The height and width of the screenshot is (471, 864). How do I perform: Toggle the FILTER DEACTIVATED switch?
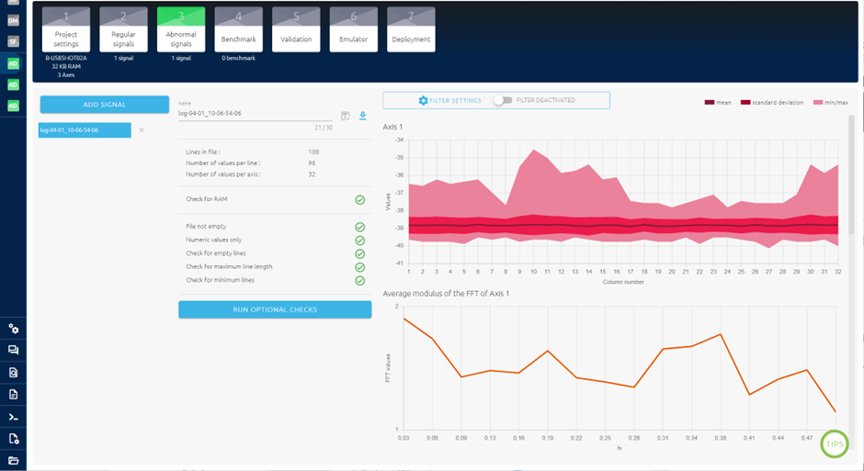(503, 101)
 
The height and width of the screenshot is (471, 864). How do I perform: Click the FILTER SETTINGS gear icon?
(423, 101)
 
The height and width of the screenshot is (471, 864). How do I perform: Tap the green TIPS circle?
(835, 444)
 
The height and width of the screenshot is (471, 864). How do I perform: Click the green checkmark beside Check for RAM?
(360, 199)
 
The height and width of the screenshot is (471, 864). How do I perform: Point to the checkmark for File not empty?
(360, 226)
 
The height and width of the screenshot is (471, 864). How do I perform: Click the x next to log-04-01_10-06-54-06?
(142, 130)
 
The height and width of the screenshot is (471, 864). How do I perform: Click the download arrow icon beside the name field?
(363, 116)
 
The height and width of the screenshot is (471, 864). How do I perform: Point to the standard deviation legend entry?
(772, 103)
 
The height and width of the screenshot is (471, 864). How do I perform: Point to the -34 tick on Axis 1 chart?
(399, 140)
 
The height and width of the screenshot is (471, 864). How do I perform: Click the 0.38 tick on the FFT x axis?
(722, 438)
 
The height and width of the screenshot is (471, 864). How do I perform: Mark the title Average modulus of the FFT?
(446, 294)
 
